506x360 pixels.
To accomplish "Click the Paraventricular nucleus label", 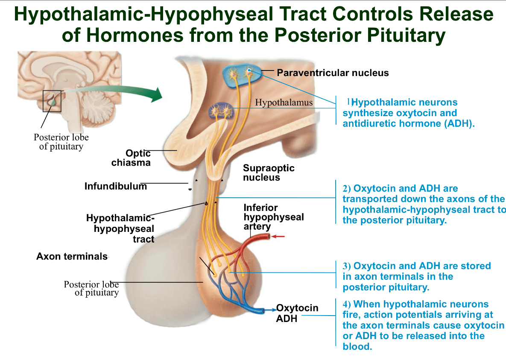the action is (x=333, y=73).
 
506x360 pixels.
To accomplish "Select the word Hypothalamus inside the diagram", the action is (x=284, y=102).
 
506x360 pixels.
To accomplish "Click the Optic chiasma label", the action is (x=131, y=158).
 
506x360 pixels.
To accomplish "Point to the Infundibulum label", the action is (x=116, y=186).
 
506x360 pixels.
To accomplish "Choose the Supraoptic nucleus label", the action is (x=269, y=173).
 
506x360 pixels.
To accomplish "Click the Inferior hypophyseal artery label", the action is (x=274, y=217).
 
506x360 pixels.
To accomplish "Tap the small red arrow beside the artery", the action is (x=278, y=236).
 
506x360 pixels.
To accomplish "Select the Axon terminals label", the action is (x=72, y=256).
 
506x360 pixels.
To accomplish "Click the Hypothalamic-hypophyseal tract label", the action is (x=120, y=228).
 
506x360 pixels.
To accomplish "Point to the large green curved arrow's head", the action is (x=157, y=95).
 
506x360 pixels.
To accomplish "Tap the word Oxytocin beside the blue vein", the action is (x=297, y=308).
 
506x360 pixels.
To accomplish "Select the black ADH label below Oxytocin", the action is (x=287, y=318).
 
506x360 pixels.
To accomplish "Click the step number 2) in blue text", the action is (x=347, y=189).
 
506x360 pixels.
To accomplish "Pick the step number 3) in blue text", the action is (x=347, y=266).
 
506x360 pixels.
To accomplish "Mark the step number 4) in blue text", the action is (x=347, y=304).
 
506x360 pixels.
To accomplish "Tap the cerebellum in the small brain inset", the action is (x=97, y=106).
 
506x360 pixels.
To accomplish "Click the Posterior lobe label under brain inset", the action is (x=61, y=142).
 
